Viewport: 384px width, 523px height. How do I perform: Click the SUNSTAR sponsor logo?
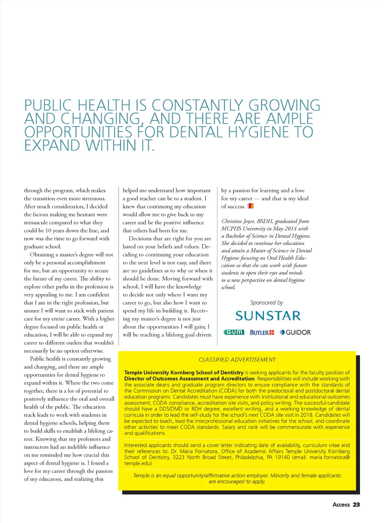click(268, 316)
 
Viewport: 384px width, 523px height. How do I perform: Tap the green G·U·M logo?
click(234, 332)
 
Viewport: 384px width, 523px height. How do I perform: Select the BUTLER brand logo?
click(262, 333)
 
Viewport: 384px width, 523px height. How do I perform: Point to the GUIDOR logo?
click(295, 332)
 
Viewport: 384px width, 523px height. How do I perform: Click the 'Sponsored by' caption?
click(267, 302)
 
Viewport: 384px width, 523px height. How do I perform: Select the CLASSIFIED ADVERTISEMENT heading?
click(237, 360)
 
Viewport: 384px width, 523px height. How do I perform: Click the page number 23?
click(356, 505)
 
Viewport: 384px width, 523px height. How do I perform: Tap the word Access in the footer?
click(341, 505)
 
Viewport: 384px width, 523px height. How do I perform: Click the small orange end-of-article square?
click(251, 206)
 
